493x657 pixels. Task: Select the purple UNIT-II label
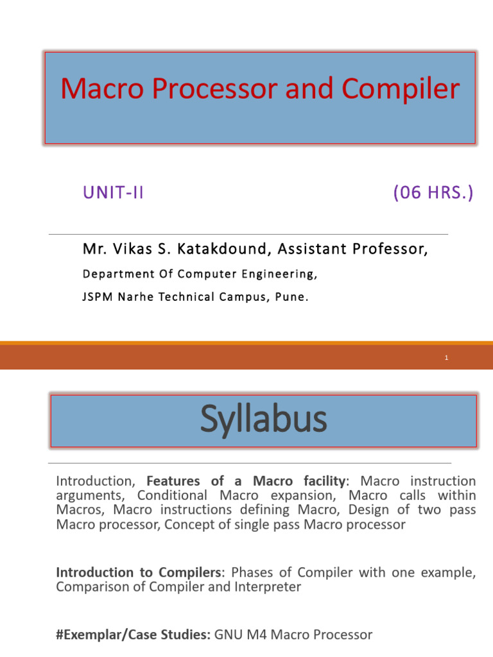[113, 193]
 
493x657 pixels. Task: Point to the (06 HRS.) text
[433, 193]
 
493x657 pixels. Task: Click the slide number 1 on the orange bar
[445, 358]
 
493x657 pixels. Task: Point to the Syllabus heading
[263, 420]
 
